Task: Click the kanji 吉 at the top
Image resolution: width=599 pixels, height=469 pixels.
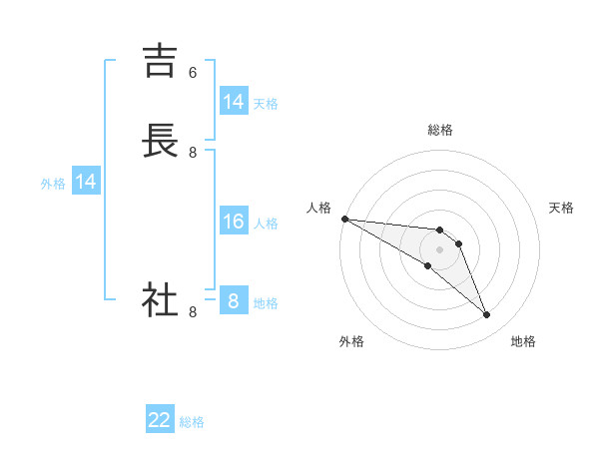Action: click(161, 61)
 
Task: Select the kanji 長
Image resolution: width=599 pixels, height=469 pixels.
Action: click(161, 141)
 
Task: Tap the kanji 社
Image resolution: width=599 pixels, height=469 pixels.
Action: click(161, 300)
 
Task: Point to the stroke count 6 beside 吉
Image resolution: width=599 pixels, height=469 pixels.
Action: click(193, 73)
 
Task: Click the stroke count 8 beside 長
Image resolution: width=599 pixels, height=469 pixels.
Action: click(193, 153)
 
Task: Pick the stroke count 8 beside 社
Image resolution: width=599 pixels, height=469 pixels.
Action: click(193, 312)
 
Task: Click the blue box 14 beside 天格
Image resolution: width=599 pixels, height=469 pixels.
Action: click(234, 101)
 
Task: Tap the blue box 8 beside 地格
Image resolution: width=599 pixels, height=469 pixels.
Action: click(234, 300)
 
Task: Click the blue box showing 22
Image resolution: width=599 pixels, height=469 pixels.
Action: click(160, 420)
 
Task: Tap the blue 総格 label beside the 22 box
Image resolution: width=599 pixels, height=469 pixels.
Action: click(193, 422)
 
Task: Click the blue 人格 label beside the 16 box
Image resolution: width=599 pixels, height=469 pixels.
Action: click(267, 223)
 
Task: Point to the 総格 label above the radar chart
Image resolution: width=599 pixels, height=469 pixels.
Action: click(440, 130)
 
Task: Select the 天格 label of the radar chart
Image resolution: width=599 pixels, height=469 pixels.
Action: click(562, 208)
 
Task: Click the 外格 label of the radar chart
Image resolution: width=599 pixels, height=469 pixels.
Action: click(351, 341)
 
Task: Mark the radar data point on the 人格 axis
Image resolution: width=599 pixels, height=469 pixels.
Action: click(344, 218)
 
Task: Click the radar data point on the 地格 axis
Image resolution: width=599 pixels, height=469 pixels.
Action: click(487, 315)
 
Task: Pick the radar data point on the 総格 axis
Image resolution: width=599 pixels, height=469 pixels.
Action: click(440, 230)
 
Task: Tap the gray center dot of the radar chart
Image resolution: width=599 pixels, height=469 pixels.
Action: click(440, 249)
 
